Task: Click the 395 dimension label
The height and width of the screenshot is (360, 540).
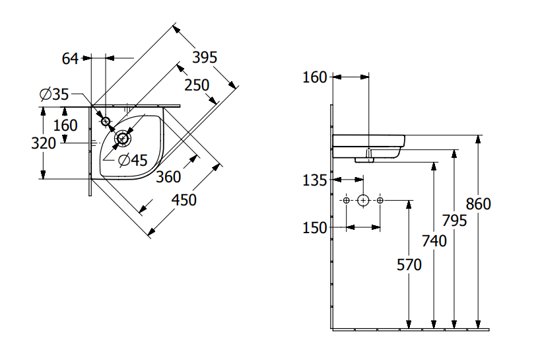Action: [205, 57]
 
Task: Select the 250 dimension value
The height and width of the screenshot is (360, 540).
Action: [197, 85]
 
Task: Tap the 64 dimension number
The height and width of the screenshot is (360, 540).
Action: [70, 58]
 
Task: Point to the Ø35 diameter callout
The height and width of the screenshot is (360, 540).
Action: [54, 95]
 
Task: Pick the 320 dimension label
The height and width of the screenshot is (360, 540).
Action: [44, 143]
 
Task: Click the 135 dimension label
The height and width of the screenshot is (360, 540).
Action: [315, 180]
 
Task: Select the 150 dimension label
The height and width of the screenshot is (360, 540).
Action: [315, 227]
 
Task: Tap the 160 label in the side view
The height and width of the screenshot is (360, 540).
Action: [315, 77]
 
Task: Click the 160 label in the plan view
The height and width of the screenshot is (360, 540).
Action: [65, 126]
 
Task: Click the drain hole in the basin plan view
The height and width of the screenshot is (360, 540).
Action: [123, 138]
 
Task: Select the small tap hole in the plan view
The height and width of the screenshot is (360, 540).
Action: [105, 121]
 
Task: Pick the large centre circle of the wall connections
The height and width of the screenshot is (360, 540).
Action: [362, 200]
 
